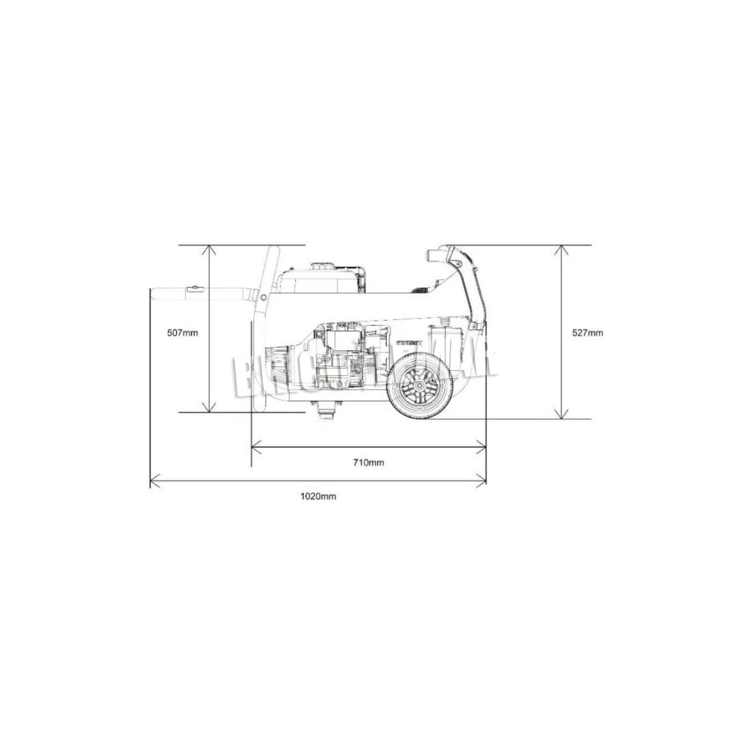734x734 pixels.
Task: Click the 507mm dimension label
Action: pyautogui.click(x=182, y=333)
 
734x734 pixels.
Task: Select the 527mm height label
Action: pyautogui.click(x=587, y=333)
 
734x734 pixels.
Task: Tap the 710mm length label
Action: pyautogui.click(x=368, y=462)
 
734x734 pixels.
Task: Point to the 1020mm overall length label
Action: pyautogui.click(x=318, y=496)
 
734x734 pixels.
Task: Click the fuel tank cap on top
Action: pyautogui.click(x=323, y=266)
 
